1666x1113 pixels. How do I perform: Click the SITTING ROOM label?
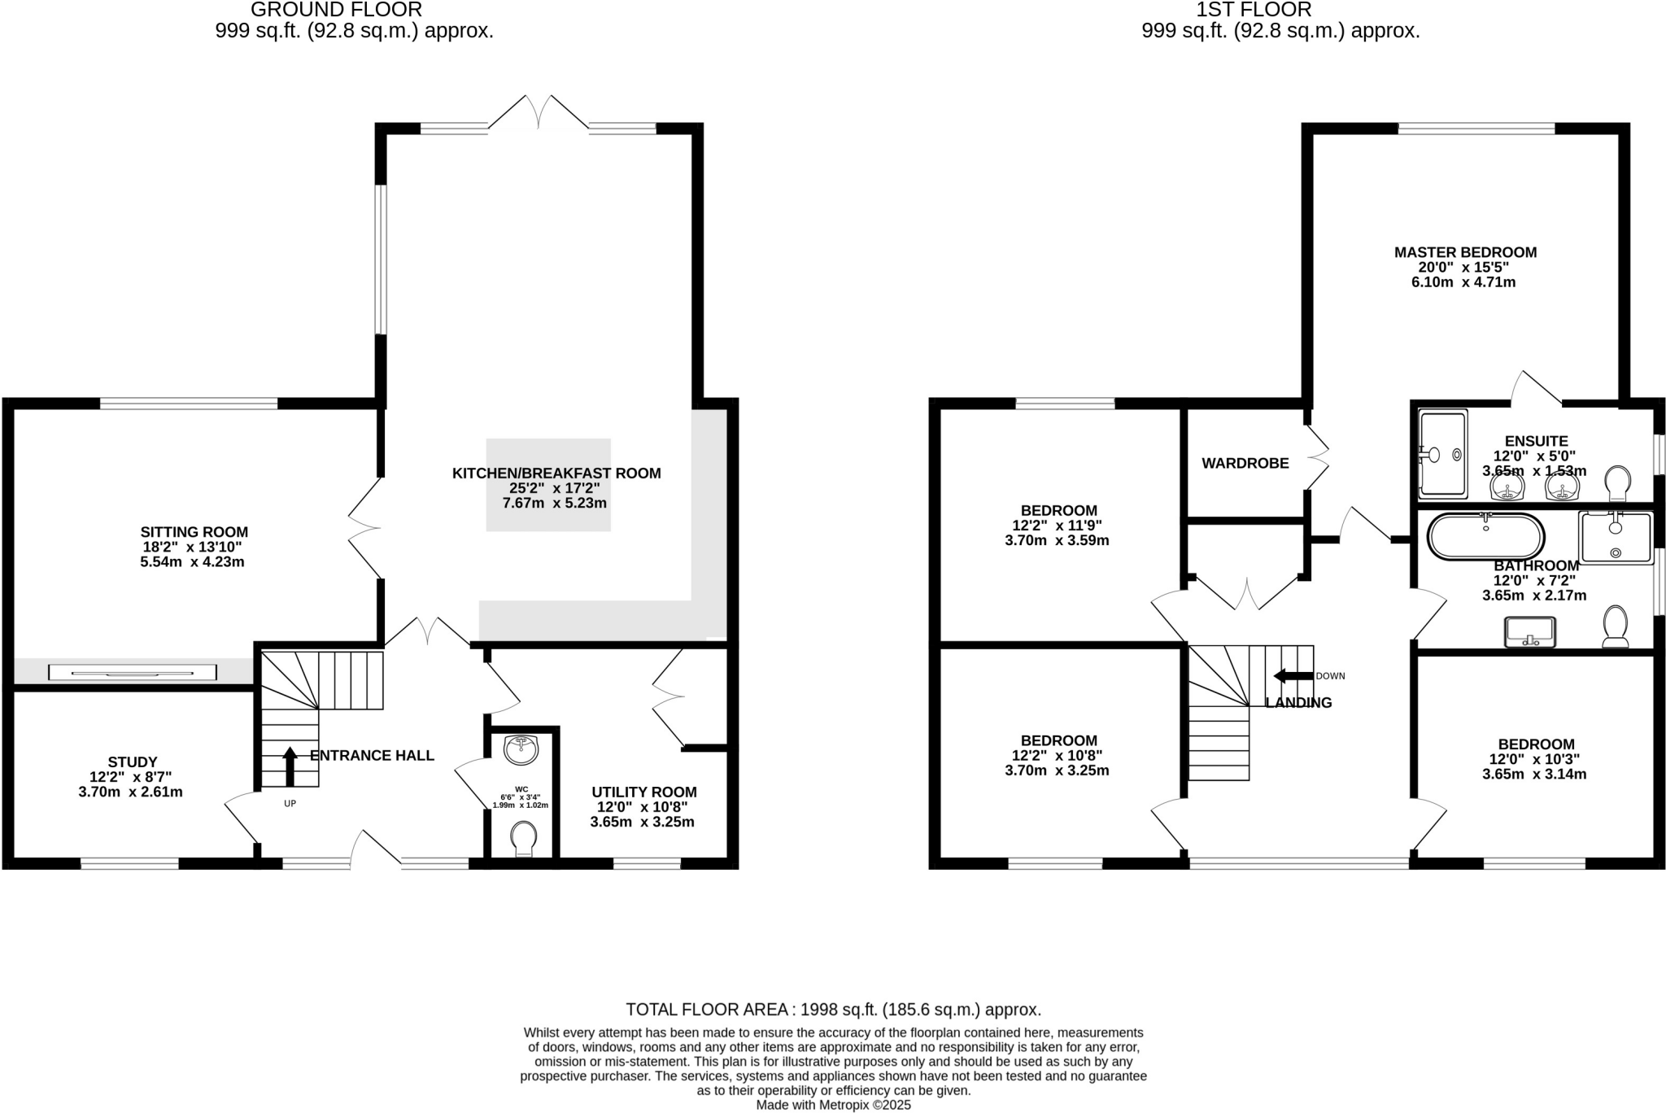194,533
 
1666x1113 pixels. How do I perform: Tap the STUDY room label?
132,762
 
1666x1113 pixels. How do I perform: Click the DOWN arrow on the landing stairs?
1293,676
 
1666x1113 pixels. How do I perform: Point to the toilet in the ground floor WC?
523,839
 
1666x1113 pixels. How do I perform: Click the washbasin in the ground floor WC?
521,749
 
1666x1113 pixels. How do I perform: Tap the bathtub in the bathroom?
1485,536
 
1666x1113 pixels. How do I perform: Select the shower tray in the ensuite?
1442,454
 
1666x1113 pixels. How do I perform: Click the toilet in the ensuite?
1618,484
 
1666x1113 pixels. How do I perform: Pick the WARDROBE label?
1245,464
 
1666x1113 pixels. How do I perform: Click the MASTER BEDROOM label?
1465,252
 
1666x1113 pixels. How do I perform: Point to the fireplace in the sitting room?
133,672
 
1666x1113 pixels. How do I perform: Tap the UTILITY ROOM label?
643,792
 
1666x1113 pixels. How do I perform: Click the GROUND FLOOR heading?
336,10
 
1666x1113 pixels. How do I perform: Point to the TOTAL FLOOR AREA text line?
833,1010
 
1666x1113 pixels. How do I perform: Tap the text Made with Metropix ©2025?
833,1105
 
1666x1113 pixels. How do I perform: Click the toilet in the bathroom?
1615,627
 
